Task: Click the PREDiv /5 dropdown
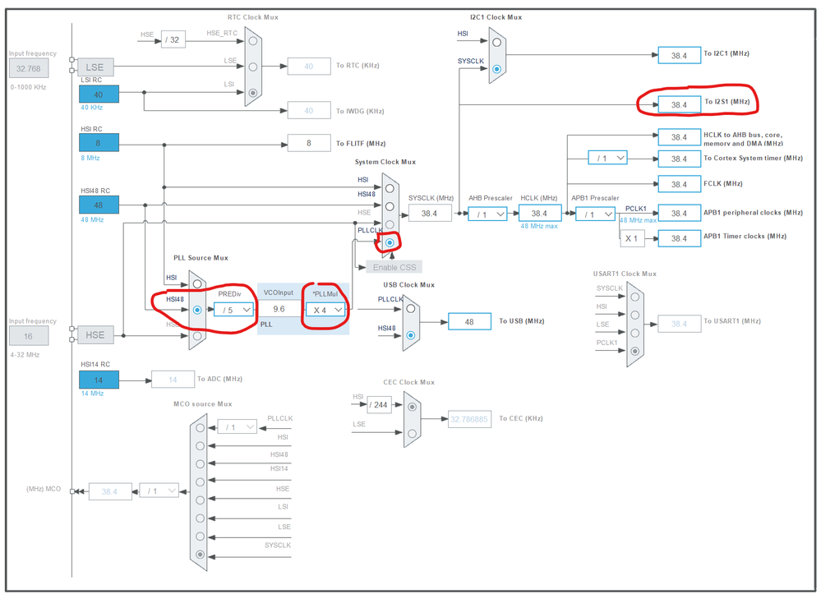click(x=233, y=310)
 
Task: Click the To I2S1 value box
click(x=678, y=104)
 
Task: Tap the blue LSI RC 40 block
click(x=99, y=94)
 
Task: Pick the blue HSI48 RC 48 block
click(x=99, y=204)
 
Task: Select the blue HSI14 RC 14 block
click(x=99, y=379)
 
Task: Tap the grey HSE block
click(x=95, y=334)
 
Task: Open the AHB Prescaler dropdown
click(x=488, y=214)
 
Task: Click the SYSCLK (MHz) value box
click(x=429, y=214)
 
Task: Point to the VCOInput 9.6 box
click(x=279, y=310)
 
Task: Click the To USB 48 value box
click(x=469, y=321)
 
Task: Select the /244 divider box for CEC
click(x=379, y=404)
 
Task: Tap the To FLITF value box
click(x=308, y=143)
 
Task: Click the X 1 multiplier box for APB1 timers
click(x=632, y=238)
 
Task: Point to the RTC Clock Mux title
click(x=251, y=16)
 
